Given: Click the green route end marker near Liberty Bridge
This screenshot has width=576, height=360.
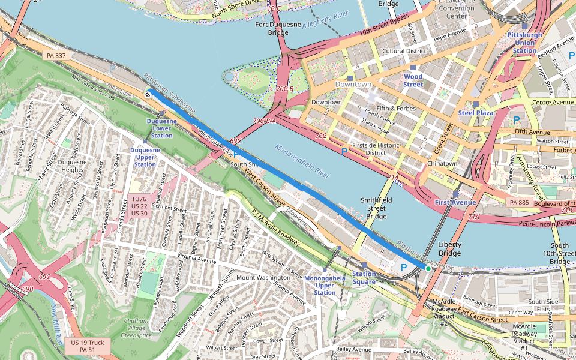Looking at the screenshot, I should point(428,269).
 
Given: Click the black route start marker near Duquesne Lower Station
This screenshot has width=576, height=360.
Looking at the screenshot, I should point(148,94).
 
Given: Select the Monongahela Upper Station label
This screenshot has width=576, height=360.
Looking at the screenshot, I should point(325,285).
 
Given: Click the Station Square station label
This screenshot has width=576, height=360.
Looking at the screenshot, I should point(364,278).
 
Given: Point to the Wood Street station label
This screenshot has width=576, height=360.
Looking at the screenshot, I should point(413,80).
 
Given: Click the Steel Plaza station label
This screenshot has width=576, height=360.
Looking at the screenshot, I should point(475,112).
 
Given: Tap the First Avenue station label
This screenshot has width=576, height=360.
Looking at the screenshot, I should point(455,202).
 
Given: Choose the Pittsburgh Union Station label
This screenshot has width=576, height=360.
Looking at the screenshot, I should point(524,43).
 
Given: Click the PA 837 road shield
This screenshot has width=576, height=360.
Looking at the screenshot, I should point(55,56).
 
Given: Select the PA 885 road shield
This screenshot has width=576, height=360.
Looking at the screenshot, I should point(520,203).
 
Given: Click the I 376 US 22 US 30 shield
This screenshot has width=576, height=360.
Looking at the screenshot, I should point(139,206).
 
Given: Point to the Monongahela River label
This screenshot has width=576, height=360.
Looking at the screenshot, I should point(303,161).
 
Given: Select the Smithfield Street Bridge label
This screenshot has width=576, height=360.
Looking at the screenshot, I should point(376,208).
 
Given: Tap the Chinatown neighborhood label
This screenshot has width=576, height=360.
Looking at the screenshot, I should point(443,163).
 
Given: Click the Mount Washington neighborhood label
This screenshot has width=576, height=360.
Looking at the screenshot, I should point(263,277).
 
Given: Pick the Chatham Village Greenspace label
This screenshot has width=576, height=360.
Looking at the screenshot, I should point(137,327).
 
